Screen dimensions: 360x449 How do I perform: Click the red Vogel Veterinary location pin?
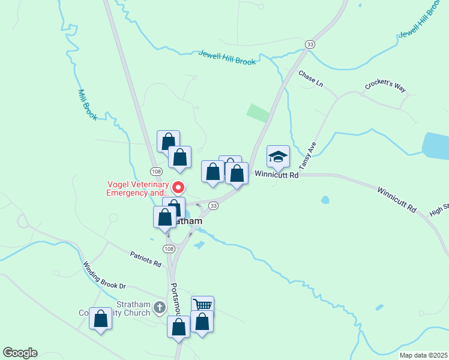(178, 187)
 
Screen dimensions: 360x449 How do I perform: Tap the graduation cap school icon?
(278, 157)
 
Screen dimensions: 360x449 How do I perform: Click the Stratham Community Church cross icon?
(159, 308)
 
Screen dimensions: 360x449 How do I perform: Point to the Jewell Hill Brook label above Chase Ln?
(228, 58)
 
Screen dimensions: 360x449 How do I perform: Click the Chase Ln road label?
(310, 79)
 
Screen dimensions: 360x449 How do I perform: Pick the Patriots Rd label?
(146, 259)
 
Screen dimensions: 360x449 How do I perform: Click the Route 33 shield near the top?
(310, 44)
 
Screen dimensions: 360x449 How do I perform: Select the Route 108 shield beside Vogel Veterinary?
(155, 171)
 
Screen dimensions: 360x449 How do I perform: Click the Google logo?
(20, 353)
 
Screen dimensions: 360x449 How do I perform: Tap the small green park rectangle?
(258, 112)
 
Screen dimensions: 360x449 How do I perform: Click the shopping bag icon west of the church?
(100, 320)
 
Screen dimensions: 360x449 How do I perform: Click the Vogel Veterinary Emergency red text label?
(138, 189)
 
